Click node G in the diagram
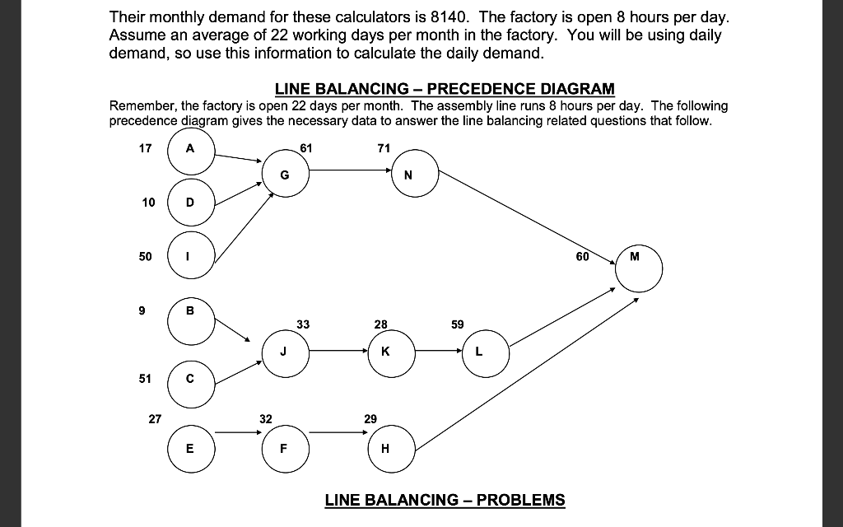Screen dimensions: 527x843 (285, 174)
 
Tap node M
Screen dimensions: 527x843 (638, 268)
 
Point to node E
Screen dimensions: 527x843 (191, 449)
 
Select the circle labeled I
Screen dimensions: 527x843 (191, 256)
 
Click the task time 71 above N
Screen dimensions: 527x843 (383, 148)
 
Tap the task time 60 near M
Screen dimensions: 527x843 (583, 256)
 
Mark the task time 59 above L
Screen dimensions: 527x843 (459, 324)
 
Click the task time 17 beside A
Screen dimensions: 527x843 (147, 148)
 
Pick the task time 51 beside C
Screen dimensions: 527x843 (147, 379)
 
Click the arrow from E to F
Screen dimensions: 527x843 (237, 431)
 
